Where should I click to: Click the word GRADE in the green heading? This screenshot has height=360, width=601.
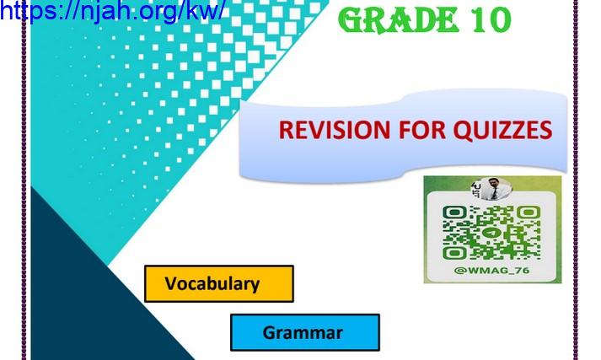coord(399,20)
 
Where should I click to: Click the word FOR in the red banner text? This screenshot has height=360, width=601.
coord(422,130)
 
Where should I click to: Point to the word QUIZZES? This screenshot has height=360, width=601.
coord(503,131)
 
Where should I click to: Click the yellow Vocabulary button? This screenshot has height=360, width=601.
coord(219,284)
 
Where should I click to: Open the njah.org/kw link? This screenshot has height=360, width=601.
coord(111,11)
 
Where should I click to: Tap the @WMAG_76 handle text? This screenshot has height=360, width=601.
coord(491,271)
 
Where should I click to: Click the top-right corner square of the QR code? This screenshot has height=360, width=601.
coord(529,212)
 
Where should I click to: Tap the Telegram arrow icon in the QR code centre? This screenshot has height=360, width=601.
coord(491,233)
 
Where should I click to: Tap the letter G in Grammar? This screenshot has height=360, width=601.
coord(270,332)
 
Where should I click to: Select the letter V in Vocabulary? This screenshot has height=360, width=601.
coord(172,283)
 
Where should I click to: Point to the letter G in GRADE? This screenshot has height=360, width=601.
coord(351,20)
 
